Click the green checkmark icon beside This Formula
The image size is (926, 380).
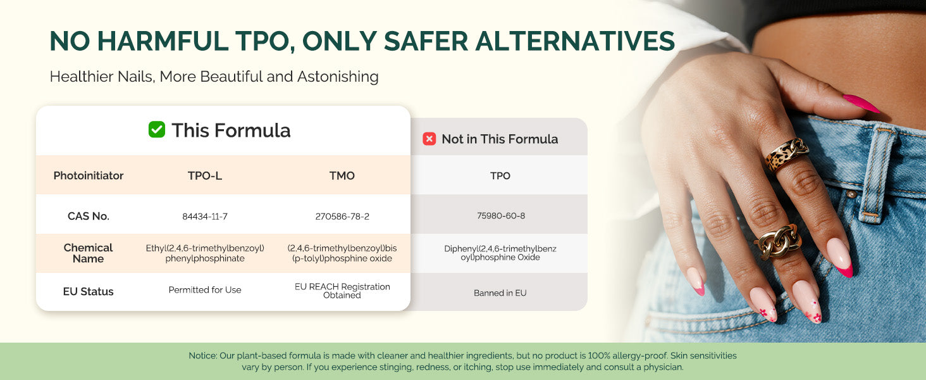157,130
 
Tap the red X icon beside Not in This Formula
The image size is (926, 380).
429,139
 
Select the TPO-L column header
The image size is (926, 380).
205,175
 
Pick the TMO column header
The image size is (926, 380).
342,175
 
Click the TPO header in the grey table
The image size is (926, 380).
500,175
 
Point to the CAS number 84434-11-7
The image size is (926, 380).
205,217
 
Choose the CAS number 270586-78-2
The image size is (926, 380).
342,217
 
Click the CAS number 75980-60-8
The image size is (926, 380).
500,216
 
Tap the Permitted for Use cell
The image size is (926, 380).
205,290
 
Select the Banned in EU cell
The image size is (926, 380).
500,293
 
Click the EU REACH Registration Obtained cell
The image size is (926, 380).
342,291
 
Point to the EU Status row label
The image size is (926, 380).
88,291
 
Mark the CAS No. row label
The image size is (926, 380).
89,216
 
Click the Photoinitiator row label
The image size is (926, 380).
89,175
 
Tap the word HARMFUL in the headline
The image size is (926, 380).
163,41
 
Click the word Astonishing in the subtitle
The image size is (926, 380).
338,77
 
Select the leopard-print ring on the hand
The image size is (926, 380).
786,155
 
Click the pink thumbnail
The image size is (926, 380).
861,103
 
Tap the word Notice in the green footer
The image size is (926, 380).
202,355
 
